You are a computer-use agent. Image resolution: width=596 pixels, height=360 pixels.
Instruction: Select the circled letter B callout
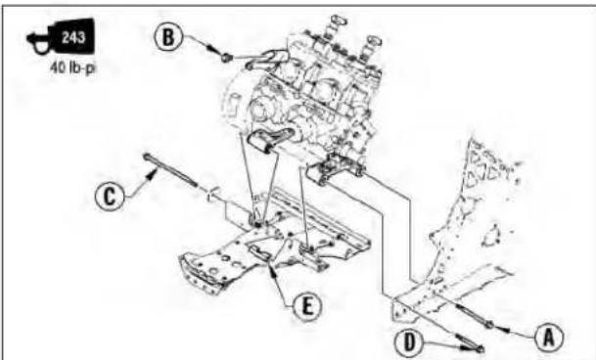tap(168, 37)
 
